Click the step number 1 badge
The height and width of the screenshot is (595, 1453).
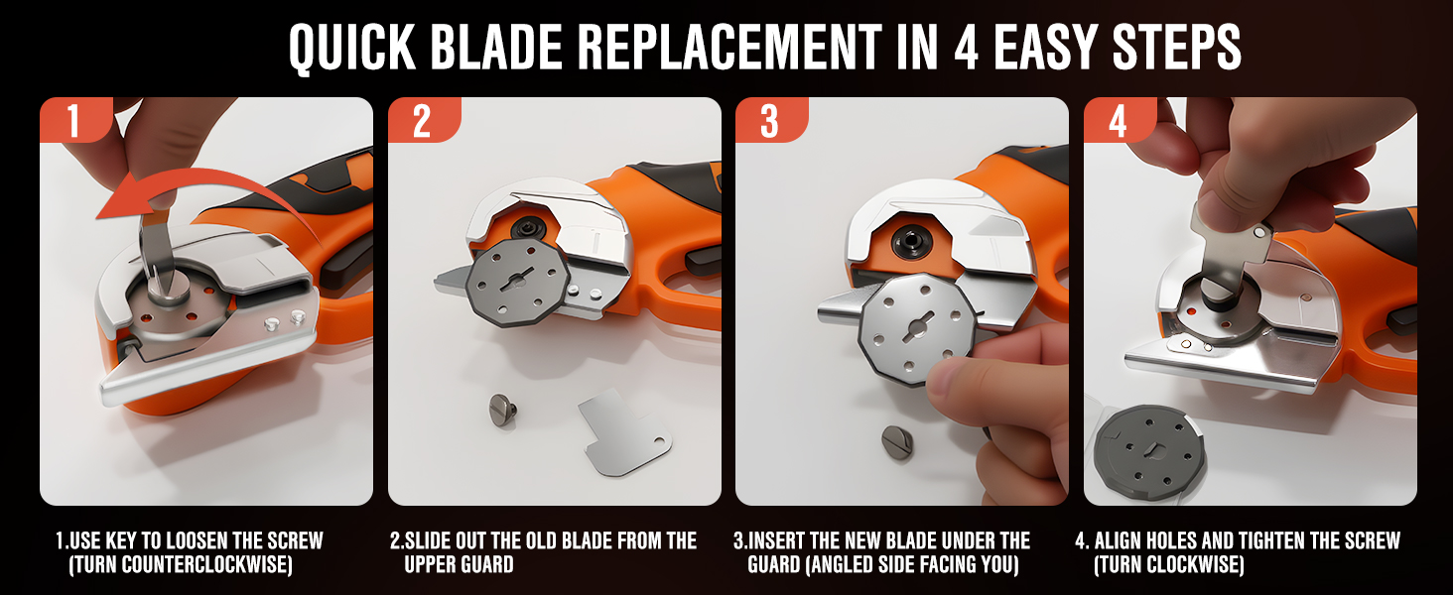[x=73, y=121]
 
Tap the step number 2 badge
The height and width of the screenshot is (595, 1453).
[x=421, y=121]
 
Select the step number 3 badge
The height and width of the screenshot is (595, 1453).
[x=769, y=121]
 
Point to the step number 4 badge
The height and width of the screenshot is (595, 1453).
[x=1118, y=121]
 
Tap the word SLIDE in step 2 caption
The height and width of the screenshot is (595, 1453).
[x=432, y=541]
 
